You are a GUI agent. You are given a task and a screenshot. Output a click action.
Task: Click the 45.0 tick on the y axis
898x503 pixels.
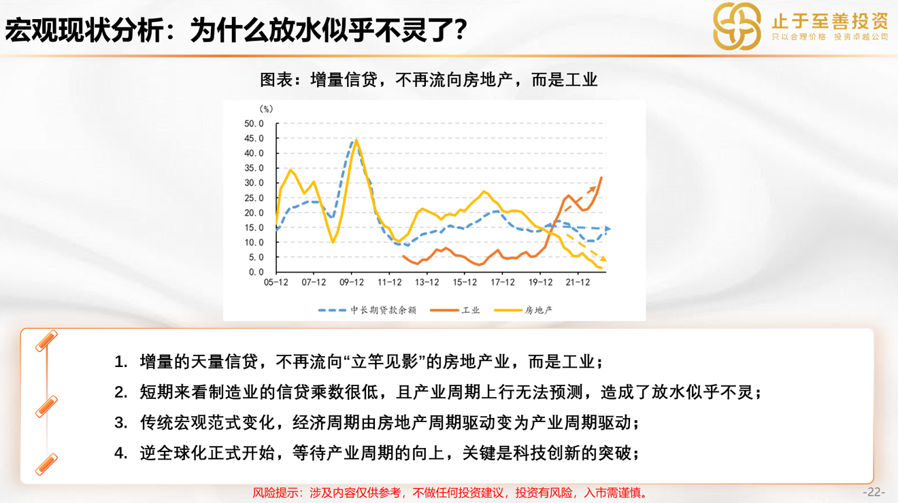point(254,139)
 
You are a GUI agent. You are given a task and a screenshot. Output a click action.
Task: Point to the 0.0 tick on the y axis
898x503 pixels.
point(256,273)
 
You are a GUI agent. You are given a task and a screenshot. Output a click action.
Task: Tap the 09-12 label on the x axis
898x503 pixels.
point(352,282)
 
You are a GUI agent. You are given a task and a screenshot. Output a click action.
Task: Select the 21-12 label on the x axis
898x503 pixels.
point(578,282)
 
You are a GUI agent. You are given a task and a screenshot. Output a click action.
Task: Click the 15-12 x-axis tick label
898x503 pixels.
point(465,282)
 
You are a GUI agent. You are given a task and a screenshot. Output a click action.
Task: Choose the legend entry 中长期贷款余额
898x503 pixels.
point(367,310)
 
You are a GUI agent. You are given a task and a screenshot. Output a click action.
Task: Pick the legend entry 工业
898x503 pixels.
point(454,310)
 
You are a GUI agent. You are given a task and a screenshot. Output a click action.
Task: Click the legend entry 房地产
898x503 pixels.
point(523,310)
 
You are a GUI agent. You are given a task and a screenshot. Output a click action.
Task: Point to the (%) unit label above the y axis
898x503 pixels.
point(266,109)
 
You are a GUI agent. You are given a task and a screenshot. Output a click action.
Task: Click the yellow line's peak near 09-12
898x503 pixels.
point(356,140)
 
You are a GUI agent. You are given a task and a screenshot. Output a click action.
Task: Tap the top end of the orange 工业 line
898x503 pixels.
point(601,177)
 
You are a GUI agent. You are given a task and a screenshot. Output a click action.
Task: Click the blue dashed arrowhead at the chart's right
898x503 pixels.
point(608,228)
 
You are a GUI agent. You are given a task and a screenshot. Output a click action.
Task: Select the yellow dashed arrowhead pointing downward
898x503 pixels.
point(603,259)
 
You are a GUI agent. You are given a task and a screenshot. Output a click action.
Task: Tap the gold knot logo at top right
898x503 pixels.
point(737,27)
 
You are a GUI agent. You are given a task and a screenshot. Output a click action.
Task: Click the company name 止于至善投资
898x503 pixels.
point(830,21)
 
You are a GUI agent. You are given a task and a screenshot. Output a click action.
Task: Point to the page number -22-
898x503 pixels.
point(874,492)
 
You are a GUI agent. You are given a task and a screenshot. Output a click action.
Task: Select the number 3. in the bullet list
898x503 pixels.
point(120,423)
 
